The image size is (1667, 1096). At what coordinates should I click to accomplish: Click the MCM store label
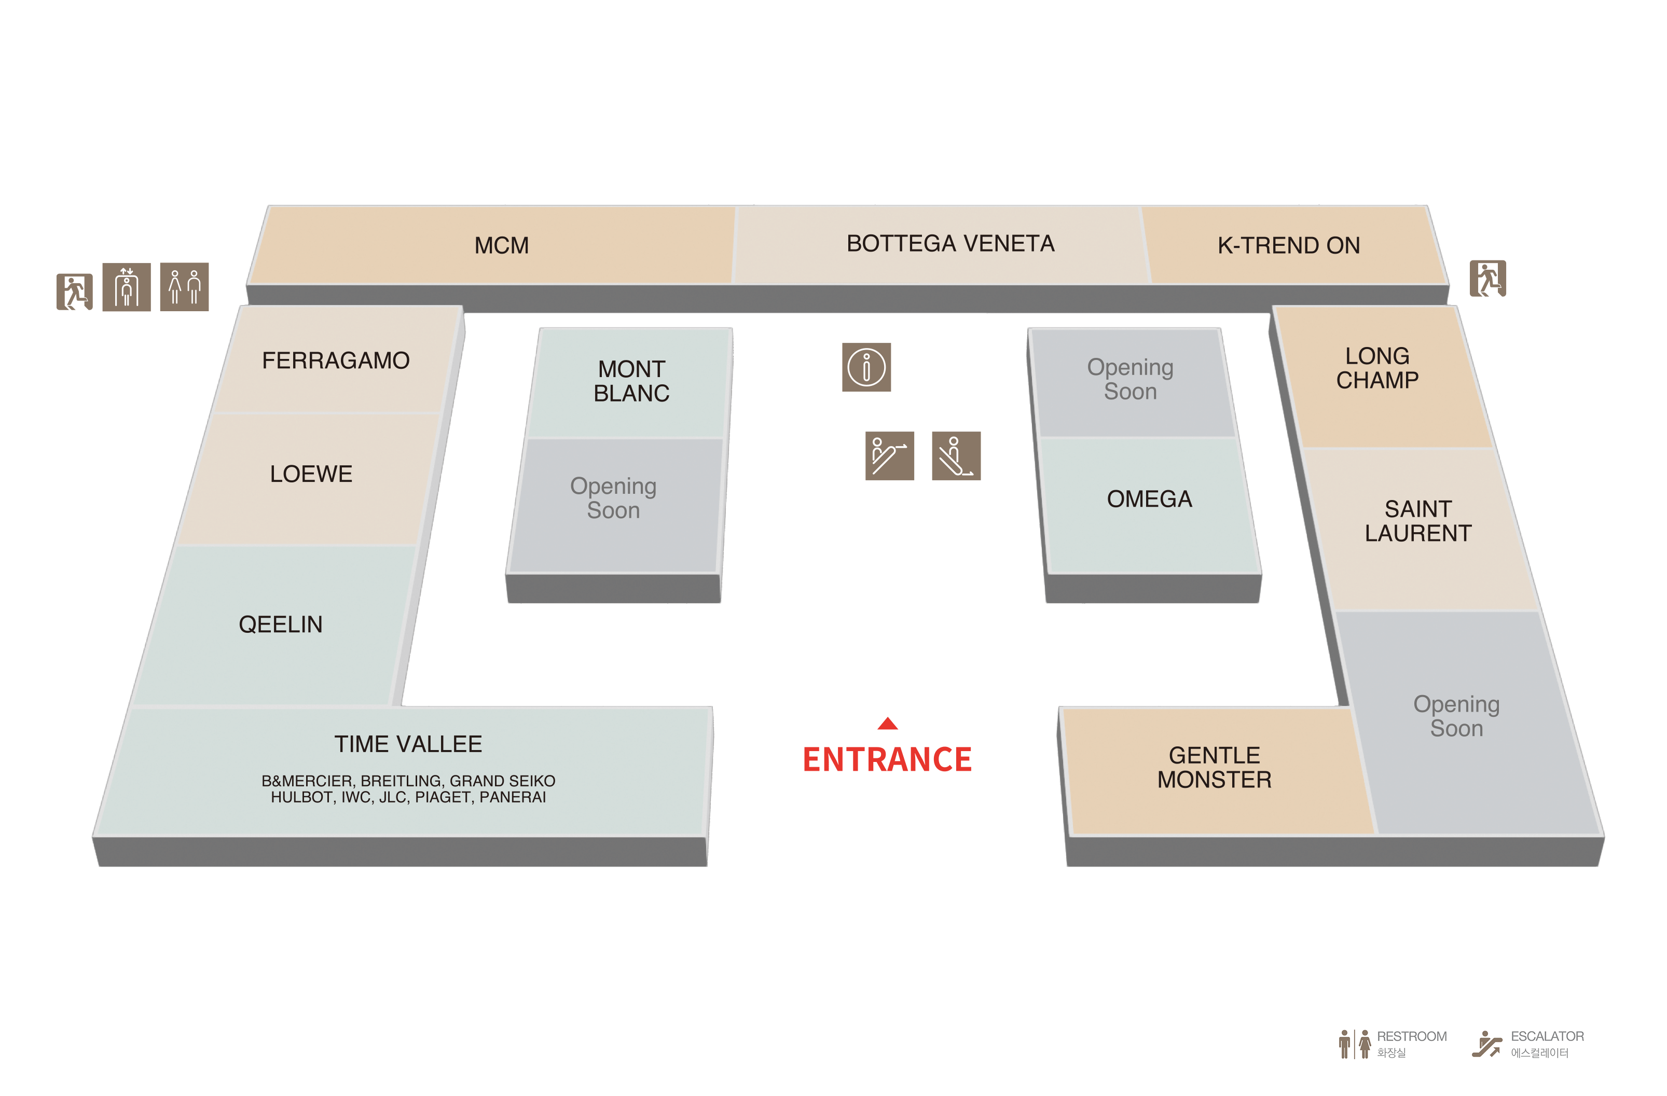point(502,246)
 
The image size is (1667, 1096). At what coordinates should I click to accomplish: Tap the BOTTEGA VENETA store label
point(950,244)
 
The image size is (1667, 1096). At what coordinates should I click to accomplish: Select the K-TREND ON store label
point(1288,246)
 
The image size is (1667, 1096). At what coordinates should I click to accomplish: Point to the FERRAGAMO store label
point(336,360)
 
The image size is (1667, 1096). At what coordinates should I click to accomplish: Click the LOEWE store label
point(311,474)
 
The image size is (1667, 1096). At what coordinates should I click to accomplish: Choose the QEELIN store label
point(280,625)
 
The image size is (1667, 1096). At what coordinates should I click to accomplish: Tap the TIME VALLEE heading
point(408,744)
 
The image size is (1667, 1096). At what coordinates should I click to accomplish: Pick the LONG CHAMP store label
point(1377,368)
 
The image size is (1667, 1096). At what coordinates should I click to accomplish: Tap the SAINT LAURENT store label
point(1417,522)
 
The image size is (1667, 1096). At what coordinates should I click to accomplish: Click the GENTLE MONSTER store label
point(1214,768)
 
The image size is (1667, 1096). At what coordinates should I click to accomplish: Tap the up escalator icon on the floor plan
point(889,456)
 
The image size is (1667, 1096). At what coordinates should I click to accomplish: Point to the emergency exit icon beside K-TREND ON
point(1487,279)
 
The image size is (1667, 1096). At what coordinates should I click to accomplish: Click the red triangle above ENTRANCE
point(887,724)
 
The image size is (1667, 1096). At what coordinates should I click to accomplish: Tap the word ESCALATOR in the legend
point(1547,1036)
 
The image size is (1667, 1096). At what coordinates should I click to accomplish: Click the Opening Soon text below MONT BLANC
point(613,498)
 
